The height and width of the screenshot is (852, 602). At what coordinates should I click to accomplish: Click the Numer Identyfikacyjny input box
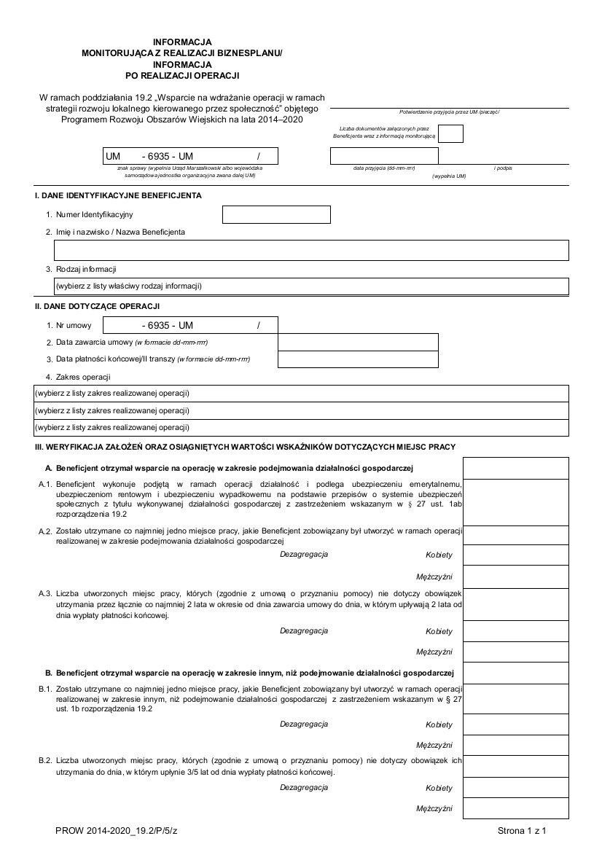point(275,214)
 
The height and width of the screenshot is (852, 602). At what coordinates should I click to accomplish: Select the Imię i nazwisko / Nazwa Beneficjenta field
point(311,250)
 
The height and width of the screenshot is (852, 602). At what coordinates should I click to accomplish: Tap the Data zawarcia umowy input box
point(358,342)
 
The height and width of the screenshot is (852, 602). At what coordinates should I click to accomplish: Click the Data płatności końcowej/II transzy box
point(358,359)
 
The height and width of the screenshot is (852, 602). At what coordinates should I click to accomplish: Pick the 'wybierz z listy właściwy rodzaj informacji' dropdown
point(311,286)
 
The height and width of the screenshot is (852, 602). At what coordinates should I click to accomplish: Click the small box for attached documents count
point(451,133)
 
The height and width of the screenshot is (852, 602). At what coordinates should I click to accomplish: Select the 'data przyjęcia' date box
point(384,156)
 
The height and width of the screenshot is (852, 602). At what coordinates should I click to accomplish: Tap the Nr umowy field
point(190,325)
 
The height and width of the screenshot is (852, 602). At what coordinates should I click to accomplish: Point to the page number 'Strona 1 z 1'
point(522,830)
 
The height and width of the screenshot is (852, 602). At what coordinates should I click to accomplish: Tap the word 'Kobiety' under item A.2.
point(439,555)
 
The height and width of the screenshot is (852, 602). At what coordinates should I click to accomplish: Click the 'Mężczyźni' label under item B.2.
point(434,808)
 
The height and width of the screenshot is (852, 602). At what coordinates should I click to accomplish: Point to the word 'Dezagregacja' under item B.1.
point(304,724)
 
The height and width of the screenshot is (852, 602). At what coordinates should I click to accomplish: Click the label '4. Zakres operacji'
point(78,377)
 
